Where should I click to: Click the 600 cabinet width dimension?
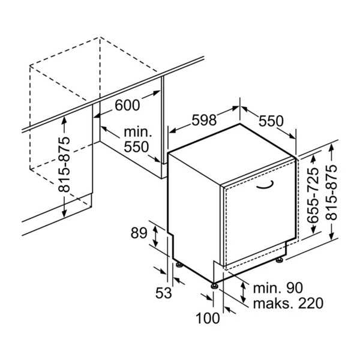pyautogui.click(x=127, y=106)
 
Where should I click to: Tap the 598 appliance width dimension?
pyautogui.click(x=203, y=120)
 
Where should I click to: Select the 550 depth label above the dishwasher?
pyautogui.click(x=271, y=120)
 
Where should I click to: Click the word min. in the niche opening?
pyautogui.click(x=137, y=132)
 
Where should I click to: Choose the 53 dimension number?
pyautogui.click(x=164, y=293)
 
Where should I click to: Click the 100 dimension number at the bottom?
pyautogui.click(x=208, y=318)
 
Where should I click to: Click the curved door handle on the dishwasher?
pyautogui.click(x=264, y=187)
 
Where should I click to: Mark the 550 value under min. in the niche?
pyautogui.click(x=136, y=147)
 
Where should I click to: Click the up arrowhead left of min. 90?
pyautogui.click(x=243, y=284)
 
